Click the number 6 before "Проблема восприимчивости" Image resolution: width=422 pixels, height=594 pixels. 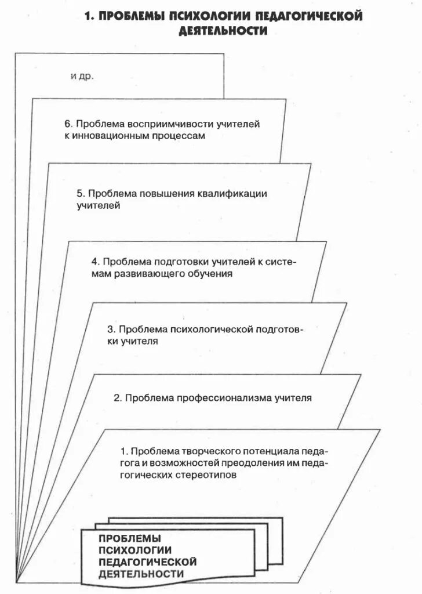[67, 124]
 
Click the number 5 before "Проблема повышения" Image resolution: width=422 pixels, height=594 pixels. [80, 194]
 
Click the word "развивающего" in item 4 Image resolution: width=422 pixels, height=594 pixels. [142, 274]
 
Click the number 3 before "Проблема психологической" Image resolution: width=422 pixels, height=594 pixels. [110, 329]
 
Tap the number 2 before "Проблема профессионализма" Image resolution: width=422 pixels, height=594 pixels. [117, 398]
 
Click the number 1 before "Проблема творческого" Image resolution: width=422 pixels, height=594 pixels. [123, 451]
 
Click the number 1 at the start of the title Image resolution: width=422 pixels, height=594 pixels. [88, 16]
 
